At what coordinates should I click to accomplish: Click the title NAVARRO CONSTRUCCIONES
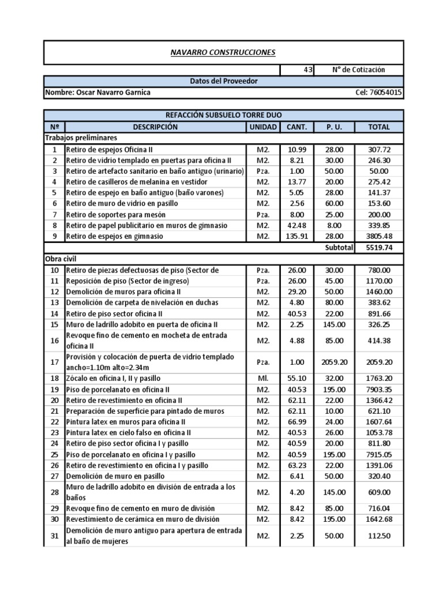tap(223, 53)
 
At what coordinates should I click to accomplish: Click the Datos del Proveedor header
tap(224, 81)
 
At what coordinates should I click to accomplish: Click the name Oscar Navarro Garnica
tap(99, 92)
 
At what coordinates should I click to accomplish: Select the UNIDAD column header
tap(262, 127)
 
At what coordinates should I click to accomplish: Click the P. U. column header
tap(334, 127)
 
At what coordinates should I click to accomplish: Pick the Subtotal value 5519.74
tap(379, 247)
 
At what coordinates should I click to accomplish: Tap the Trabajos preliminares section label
tap(81, 138)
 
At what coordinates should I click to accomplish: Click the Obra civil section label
tap(61, 259)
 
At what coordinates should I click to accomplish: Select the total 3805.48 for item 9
tap(379, 236)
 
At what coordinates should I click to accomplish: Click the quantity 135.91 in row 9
tap(296, 236)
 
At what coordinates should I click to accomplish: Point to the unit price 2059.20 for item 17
tap(334, 362)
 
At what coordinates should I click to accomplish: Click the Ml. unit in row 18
tap(262, 379)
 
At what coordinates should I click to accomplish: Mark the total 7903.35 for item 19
tap(379, 390)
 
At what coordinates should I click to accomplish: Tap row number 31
tap(54, 536)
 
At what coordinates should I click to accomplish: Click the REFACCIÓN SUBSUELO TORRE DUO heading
tap(224, 115)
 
